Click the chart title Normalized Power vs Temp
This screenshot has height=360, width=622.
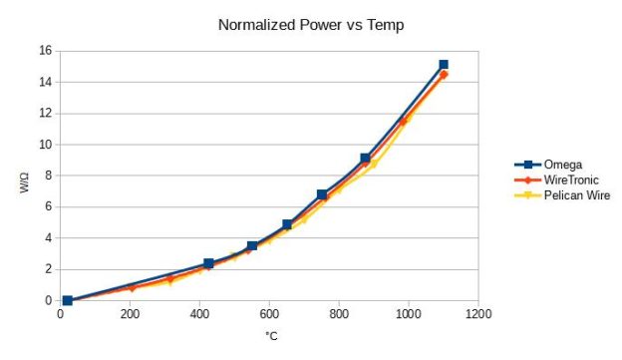(310, 22)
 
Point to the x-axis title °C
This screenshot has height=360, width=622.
(270, 336)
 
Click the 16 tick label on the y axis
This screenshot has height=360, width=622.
(44, 51)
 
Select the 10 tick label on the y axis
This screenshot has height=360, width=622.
(44, 145)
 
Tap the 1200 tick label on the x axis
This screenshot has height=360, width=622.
(477, 315)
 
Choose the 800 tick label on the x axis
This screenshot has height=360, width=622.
(339, 315)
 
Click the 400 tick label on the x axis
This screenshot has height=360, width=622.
(200, 315)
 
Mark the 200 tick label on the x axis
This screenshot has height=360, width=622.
(131, 315)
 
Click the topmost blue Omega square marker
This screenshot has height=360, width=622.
(444, 65)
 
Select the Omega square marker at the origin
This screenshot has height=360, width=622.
(68, 300)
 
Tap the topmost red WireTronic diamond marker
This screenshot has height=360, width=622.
(444, 75)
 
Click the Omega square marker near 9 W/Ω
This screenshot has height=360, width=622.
(366, 159)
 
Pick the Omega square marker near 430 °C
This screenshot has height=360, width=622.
(209, 264)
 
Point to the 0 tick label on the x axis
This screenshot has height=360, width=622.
(61, 315)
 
